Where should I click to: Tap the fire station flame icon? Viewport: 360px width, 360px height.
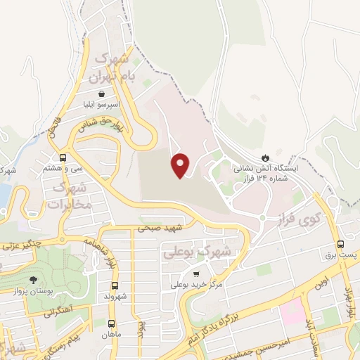(x=266, y=157)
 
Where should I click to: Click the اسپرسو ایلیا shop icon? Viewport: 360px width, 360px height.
(x=102, y=93)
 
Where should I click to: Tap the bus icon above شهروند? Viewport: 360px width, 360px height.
(x=115, y=285)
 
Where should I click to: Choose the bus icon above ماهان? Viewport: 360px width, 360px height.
(x=111, y=323)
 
